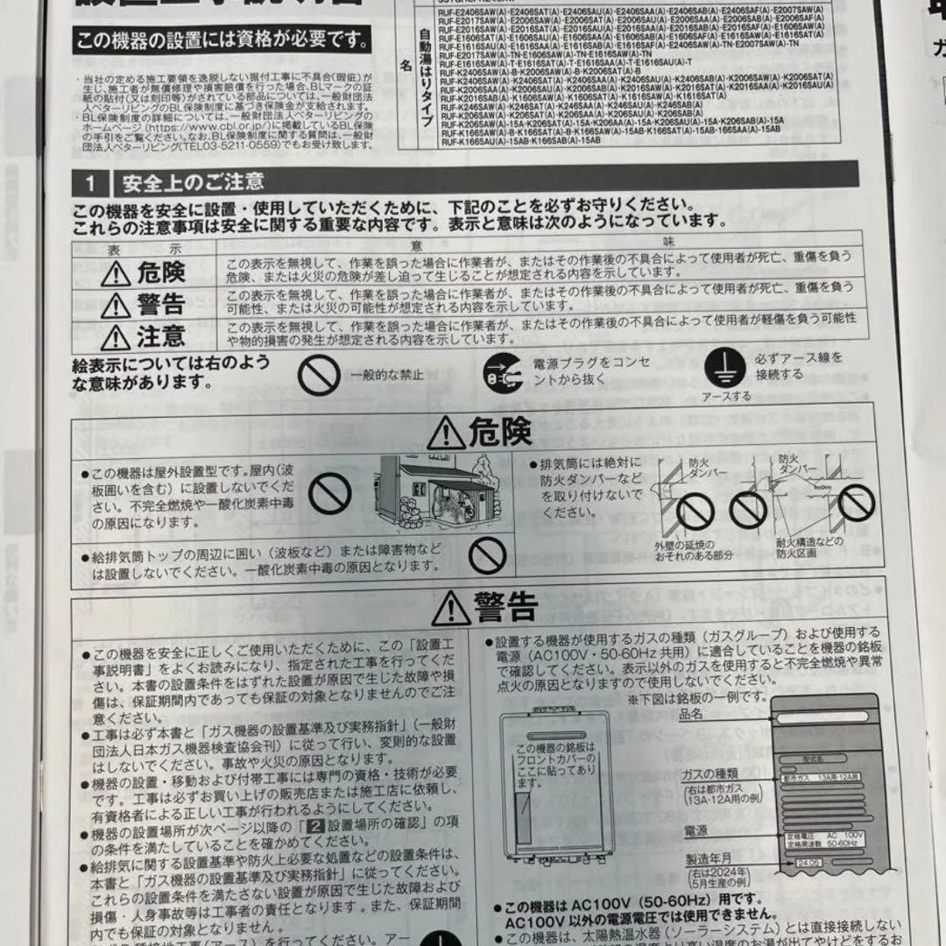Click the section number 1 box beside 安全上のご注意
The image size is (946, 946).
[x=90, y=182]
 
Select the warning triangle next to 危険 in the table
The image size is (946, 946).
[x=116, y=274]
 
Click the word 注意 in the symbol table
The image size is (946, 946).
[x=160, y=335]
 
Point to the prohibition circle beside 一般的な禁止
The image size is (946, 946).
[x=318, y=377]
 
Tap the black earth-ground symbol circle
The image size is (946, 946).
[x=723, y=367]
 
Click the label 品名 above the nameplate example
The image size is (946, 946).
[x=690, y=715]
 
